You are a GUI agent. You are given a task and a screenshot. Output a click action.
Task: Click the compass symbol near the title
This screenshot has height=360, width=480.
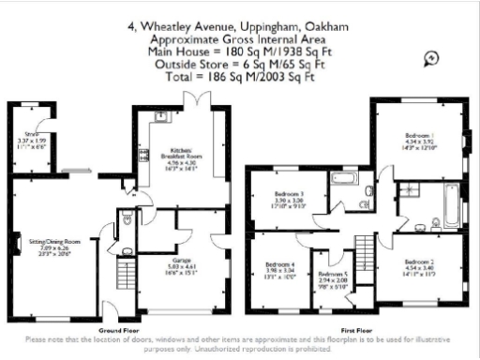pyautogui.click(x=431, y=58)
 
